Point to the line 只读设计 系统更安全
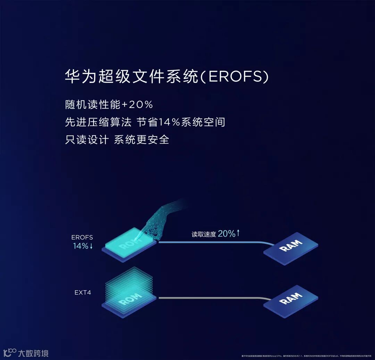pyautogui.click(x=117, y=140)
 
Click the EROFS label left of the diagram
pyautogui.click(x=82, y=238)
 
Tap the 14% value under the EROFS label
pyautogui.click(x=80, y=246)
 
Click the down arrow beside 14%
pyautogui.click(x=91, y=246)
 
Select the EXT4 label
pyautogui.click(x=83, y=292)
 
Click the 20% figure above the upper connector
pyautogui.click(x=227, y=234)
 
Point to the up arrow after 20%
pyautogui.click(x=238, y=233)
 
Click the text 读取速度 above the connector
pyautogui.click(x=204, y=235)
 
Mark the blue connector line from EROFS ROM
pyautogui.click(x=212, y=242)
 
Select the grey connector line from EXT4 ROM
pyautogui.click(x=212, y=298)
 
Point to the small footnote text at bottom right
pyautogui.click(x=308, y=356)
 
